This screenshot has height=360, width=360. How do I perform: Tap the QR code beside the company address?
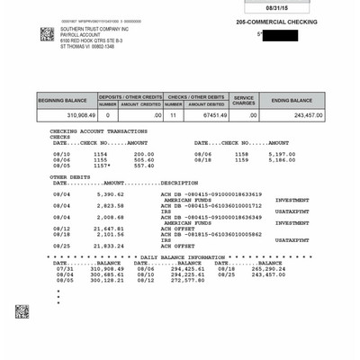pos(47,34)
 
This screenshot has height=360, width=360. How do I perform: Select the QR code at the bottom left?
pos(22,311)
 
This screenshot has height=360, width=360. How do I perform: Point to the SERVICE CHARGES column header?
pos(244,99)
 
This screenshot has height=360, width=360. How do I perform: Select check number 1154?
pos(99,154)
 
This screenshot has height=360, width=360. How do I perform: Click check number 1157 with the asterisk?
pos(101,166)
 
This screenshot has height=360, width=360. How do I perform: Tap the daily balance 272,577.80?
pos(187,279)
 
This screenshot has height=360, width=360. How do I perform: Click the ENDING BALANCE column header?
pos(292,100)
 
